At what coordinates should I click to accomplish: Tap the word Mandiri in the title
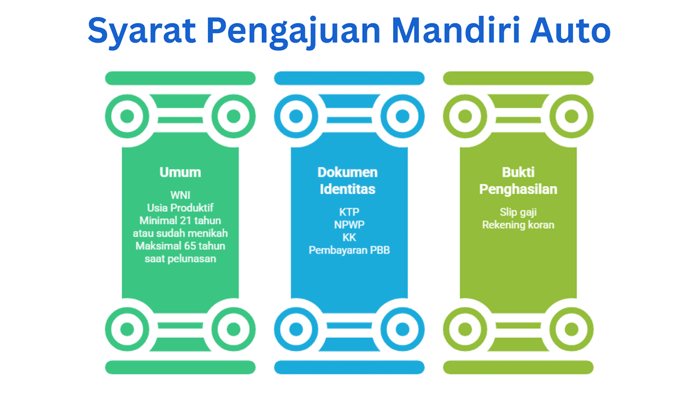tap(456, 30)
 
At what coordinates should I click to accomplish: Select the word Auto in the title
tap(570, 30)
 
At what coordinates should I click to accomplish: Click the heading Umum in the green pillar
tap(180, 172)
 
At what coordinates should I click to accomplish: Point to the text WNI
tap(180, 195)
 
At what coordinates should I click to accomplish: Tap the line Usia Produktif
tap(180, 208)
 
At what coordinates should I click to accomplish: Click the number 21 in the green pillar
tap(185, 221)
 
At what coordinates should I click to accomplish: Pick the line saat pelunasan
tap(180, 259)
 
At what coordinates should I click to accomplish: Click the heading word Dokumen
tap(347, 172)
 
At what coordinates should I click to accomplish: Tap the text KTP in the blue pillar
tap(349, 212)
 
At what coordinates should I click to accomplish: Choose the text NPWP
tap(349, 225)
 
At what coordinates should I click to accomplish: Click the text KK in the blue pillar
tap(349, 237)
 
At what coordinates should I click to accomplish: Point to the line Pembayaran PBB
tap(349, 250)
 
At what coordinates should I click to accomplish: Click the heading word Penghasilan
tap(518, 189)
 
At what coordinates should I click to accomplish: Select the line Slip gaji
tap(518, 212)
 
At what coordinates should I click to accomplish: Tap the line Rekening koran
tap(518, 225)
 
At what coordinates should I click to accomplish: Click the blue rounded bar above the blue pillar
tap(349, 78)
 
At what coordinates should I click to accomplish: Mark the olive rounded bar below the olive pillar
tap(518, 367)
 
